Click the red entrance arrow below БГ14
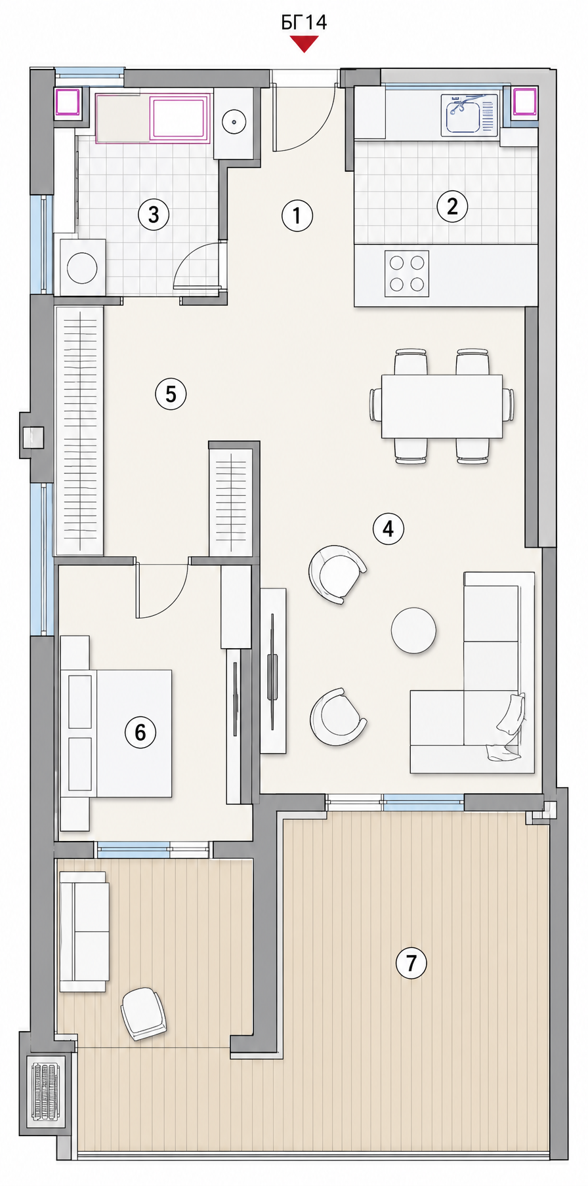coord(304,44)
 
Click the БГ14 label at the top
coord(304,22)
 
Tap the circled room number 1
coord(297,215)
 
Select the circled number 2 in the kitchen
coord(452,206)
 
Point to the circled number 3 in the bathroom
coord(154,214)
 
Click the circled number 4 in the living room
coord(388,528)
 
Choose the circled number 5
coord(171,394)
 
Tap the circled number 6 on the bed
coord(140,731)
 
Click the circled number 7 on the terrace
coord(411,962)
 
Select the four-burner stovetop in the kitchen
coord(407,274)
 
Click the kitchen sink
coord(469,115)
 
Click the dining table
coord(442,406)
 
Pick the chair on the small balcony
coord(144,1013)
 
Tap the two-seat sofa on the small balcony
coord(84,931)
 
